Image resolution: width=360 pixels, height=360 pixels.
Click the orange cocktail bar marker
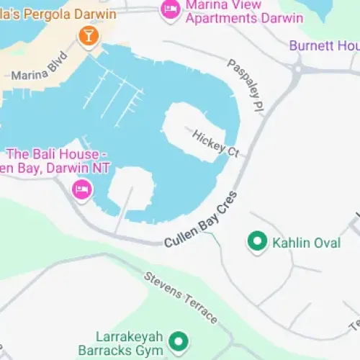point(88,35)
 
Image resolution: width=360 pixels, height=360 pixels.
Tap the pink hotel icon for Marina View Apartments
point(170,9)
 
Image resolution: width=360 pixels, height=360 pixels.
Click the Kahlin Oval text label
point(306,243)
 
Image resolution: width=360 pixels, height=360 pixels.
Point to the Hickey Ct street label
point(215,143)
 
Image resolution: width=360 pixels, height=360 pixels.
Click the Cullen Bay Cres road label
point(200,221)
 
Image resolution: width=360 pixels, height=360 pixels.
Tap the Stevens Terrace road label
point(180,297)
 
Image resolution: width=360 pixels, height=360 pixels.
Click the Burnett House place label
point(324,46)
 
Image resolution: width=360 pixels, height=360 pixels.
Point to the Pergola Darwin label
point(36,12)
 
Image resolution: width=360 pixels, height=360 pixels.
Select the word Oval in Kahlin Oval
point(325,243)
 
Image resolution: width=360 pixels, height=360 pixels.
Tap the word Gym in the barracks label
point(153,350)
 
